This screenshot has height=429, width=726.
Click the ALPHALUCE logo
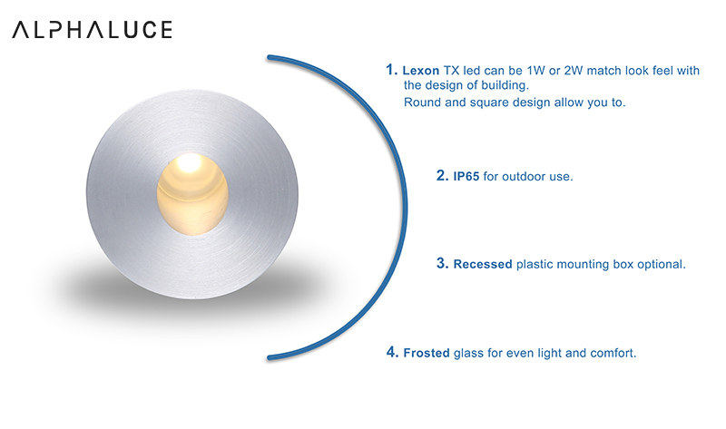(x=93, y=30)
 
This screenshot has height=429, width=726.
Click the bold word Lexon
(x=420, y=71)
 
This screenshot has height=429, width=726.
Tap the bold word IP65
(x=466, y=176)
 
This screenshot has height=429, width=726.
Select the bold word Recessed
(x=483, y=264)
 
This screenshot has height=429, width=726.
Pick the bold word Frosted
(x=427, y=353)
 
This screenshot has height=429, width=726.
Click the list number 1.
(x=391, y=70)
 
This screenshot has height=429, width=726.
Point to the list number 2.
(x=442, y=175)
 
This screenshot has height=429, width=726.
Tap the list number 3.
(x=442, y=263)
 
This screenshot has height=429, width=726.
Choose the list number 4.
(x=392, y=352)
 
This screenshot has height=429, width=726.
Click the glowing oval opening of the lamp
(x=192, y=194)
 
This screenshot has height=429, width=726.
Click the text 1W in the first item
(x=535, y=71)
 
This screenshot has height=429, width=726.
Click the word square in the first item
(x=488, y=102)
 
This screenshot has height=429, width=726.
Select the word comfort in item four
(x=613, y=353)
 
